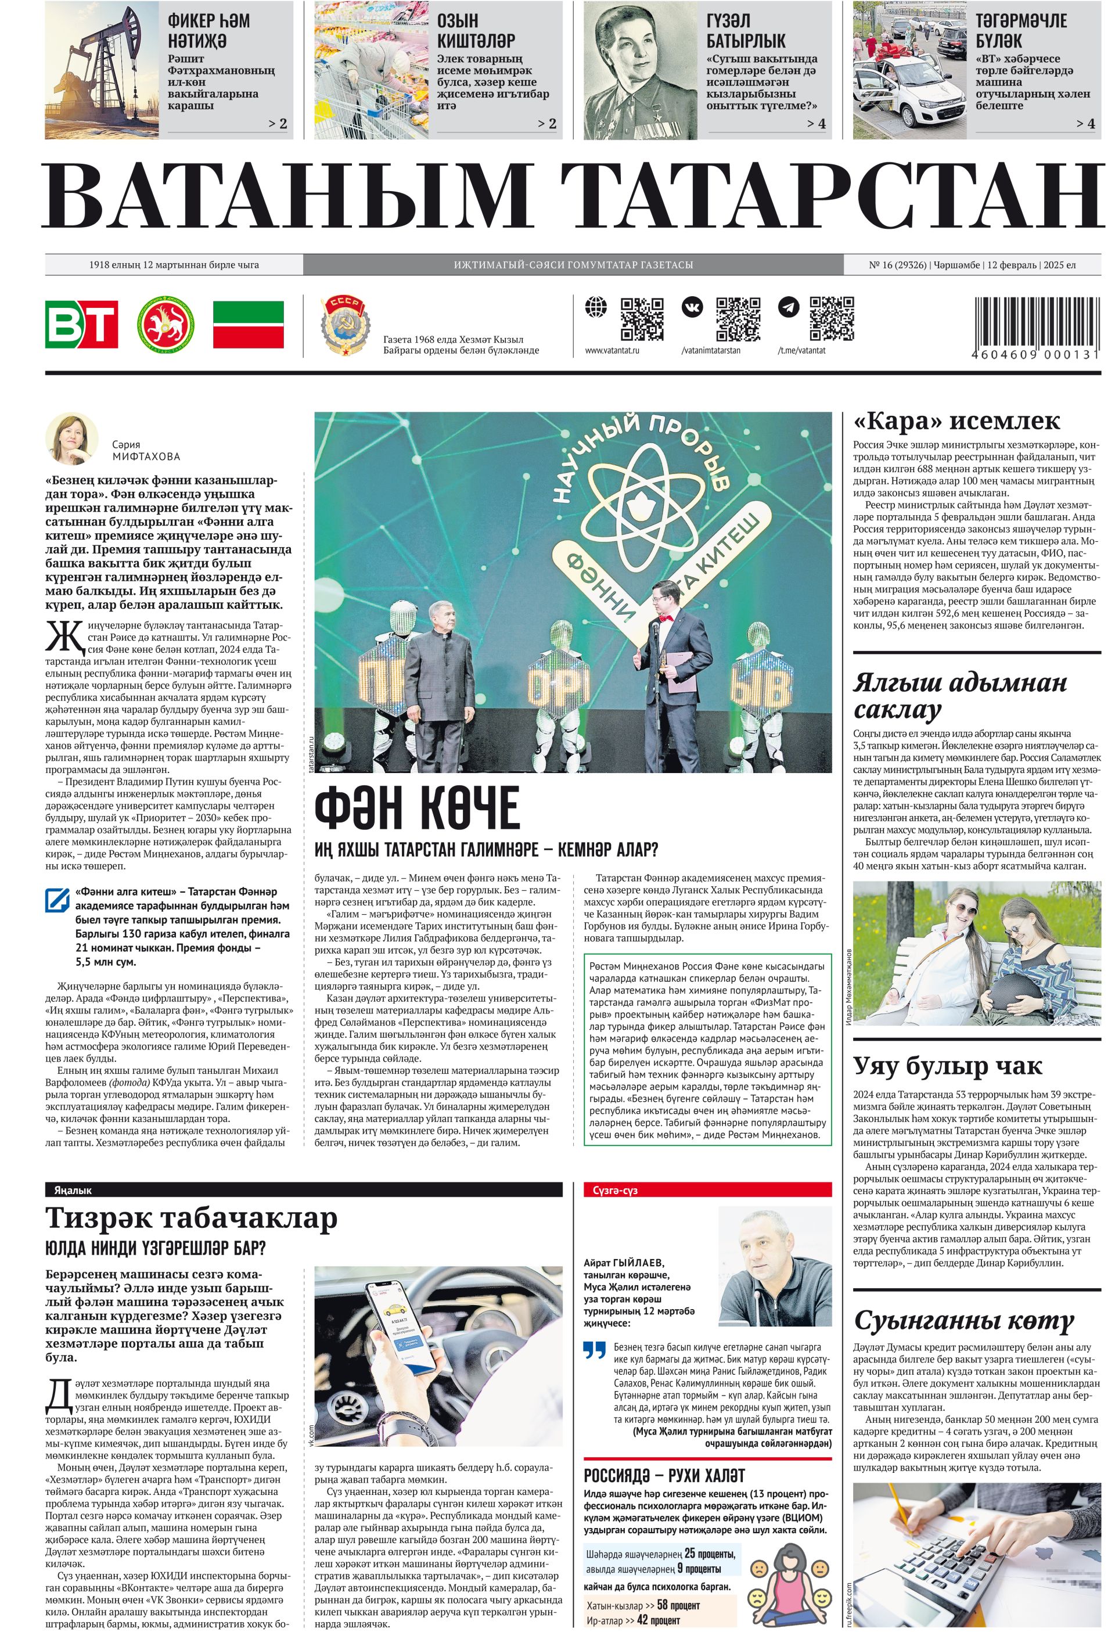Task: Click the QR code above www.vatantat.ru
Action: point(642,318)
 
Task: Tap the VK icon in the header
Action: point(692,307)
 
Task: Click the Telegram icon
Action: point(789,307)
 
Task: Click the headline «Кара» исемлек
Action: point(956,421)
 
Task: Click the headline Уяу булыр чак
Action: point(947,1066)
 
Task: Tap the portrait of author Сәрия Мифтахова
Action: point(71,438)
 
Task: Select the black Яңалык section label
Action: point(73,1190)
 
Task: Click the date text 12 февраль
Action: point(1012,265)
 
